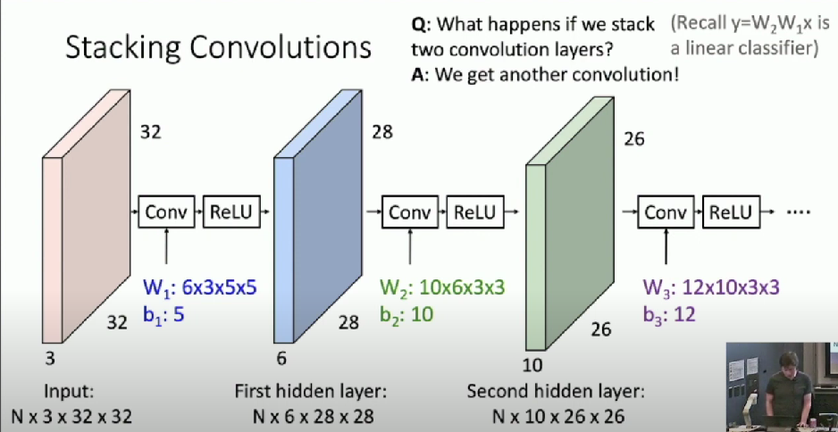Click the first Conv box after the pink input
pyautogui.click(x=167, y=212)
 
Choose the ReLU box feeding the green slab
pyautogui.click(x=474, y=212)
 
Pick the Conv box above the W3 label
pyautogui.click(x=666, y=212)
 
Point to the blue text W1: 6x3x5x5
pyautogui.click(x=200, y=287)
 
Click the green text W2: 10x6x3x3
pyautogui.click(x=443, y=287)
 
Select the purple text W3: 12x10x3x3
pyautogui.click(x=711, y=287)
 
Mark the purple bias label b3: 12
pyautogui.click(x=668, y=313)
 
